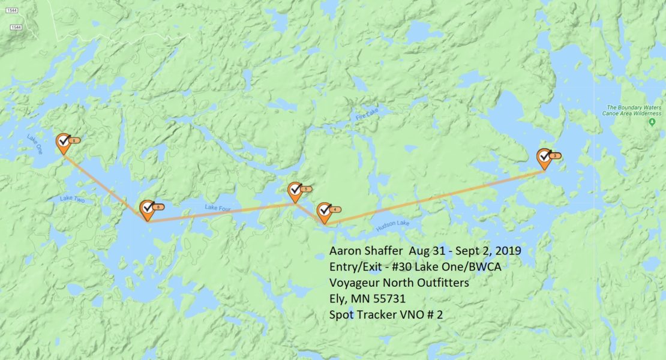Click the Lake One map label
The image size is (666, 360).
(x=35, y=145)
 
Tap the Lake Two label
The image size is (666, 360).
(x=72, y=199)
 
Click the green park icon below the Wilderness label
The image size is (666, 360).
(x=652, y=122)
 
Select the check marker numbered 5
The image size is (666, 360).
(x=295, y=191)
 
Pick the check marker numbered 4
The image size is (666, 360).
(x=324, y=211)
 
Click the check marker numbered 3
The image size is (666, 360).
(x=544, y=157)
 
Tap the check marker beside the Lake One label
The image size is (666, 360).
(x=63, y=142)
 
